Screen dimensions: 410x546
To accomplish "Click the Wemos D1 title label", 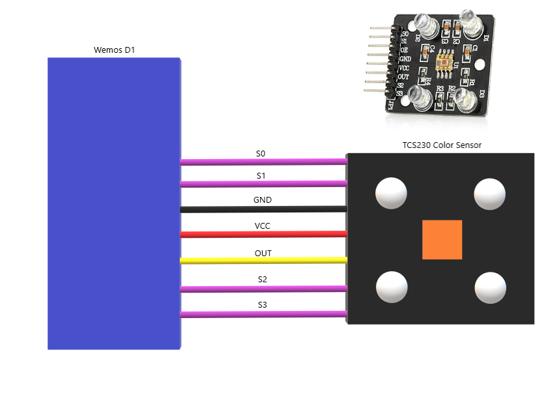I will click(x=115, y=50).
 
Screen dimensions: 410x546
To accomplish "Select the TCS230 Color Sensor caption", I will click(x=442, y=145).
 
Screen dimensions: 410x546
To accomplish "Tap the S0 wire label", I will click(x=261, y=154).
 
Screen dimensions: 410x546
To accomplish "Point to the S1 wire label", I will click(x=261, y=176).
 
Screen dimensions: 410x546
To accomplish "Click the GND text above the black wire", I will click(x=263, y=200).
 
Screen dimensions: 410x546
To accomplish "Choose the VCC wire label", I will click(x=263, y=226).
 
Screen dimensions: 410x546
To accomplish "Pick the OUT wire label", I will click(x=263, y=253).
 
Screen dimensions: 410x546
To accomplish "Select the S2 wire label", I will click(x=262, y=279).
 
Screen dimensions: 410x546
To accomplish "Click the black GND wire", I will click(x=263, y=209).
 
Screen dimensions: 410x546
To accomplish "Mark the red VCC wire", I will click(x=263, y=234).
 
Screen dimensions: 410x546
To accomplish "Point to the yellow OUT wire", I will click(x=263, y=261).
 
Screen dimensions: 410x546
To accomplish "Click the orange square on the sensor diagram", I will click(x=442, y=239).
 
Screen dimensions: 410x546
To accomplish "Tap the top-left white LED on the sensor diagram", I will click(x=391, y=193).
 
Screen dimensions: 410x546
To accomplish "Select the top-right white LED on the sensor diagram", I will click(x=489, y=193).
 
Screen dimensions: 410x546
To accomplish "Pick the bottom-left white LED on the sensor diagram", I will click(x=392, y=287).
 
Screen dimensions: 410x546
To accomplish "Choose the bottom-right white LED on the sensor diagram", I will click(x=490, y=287).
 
